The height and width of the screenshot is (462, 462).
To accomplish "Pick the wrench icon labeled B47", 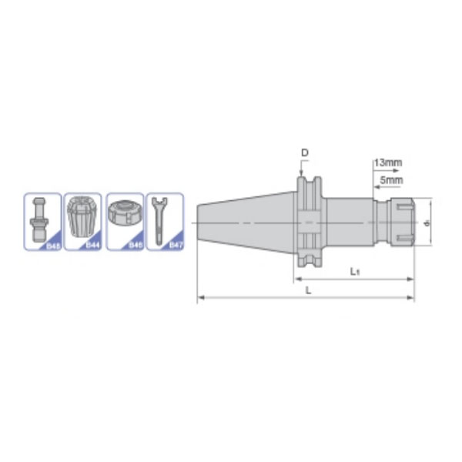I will [159, 219].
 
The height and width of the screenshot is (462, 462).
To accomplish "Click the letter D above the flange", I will [304, 153].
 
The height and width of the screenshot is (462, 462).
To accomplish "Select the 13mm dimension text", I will [388, 162].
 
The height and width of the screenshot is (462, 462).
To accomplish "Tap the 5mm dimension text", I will [391, 180].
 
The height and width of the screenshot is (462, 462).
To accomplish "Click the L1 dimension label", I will [355, 271].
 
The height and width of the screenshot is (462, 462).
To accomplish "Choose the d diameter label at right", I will [426, 223].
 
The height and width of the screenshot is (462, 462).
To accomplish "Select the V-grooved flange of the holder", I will [308, 223].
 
